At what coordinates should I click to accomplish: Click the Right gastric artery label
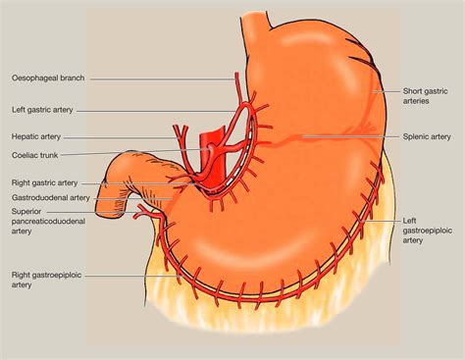(44, 182)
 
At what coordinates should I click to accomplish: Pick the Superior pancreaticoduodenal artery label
(49, 218)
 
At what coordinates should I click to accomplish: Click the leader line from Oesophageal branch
(157, 77)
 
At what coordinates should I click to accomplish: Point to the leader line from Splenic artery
(353, 135)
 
